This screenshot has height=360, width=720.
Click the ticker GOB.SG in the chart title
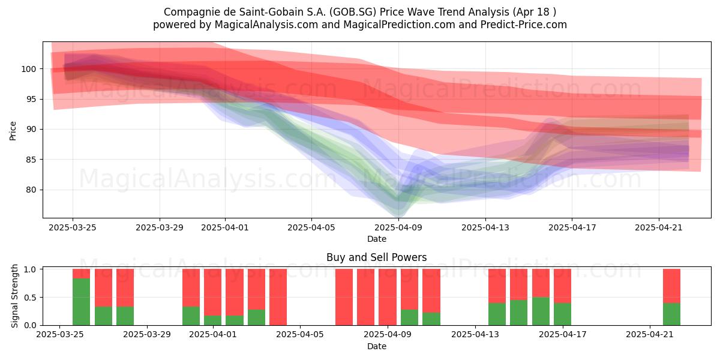[x=355, y=12]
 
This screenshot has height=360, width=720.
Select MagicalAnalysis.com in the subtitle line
[x=266, y=25]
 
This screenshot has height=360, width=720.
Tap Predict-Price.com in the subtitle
[x=524, y=25]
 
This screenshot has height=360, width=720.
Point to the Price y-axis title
[x=13, y=131]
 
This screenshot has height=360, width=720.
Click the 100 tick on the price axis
[x=28, y=69]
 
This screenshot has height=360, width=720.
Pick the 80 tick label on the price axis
[x=31, y=190]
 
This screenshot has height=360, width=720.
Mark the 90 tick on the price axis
[x=31, y=130]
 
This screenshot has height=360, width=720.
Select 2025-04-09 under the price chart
[x=398, y=227]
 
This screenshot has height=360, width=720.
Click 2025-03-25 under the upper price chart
[x=73, y=227]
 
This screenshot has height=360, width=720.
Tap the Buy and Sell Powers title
[x=376, y=257]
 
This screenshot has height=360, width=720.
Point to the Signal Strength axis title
[x=14, y=296]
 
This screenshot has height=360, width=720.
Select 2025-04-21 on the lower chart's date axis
[x=650, y=335]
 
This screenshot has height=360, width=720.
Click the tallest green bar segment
[x=82, y=302]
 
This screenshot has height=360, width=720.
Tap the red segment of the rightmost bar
[x=671, y=286]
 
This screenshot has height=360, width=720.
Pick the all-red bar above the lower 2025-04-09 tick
[x=388, y=297]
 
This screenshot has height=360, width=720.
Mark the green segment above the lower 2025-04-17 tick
[x=563, y=314]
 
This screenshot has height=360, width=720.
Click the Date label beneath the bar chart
[x=377, y=346]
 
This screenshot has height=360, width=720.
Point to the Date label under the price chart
[x=377, y=239]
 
